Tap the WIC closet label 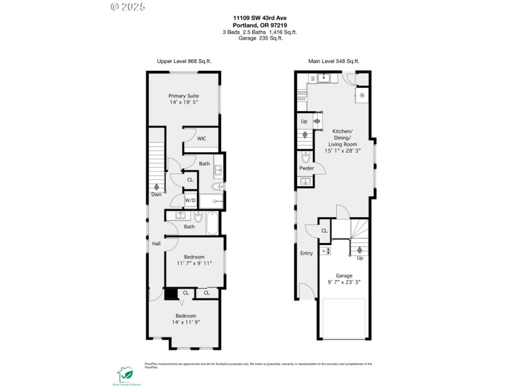pyautogui.click(x=202, y=138)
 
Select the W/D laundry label pyautogui.click(x=190, y=200)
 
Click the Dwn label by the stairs pyautogui.click(x=157, y=194)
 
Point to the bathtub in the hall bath pyautogui.click(x=213, y=222)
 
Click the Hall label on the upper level pyautogui.click(x=157, y=244)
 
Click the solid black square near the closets pyautogui.click(x=170, y=294)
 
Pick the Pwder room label pyautogui.click(x=306, y=168)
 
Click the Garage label pyautogui.click(x=344, y=276)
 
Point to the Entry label pyautogui.click(x=306, y=253)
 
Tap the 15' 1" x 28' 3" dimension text pyautogui.click(x=342, y=151)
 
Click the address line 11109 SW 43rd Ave pyautogui.click(x=260, y=19)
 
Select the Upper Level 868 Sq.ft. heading pyautogui.click(x=184, y=61)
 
